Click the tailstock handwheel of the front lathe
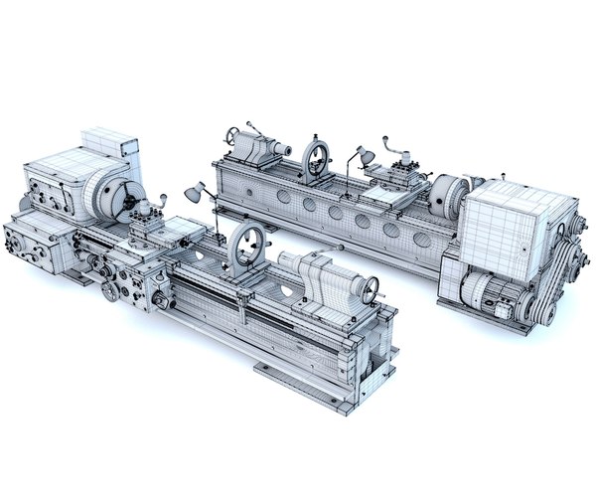372,289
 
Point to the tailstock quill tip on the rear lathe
287,149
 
